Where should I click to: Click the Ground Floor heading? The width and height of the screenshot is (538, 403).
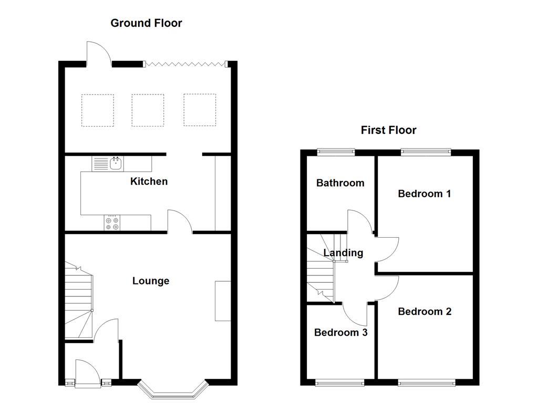[x=146, y=23]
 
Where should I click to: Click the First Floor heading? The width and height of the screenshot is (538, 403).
[x=388, y=130]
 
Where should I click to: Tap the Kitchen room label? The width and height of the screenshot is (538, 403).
[x=149, y=182]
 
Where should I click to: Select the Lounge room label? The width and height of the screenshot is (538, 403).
[x=151, y=281]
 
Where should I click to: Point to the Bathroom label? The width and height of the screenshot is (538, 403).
[x=340, y=183]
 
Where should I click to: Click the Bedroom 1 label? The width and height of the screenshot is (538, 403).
[x=424, y=194]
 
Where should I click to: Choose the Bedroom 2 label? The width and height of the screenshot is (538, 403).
[x=425, y=312]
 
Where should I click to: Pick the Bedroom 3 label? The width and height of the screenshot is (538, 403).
[x=340, y=333]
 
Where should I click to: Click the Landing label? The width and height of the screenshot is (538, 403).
[x=343, y=253]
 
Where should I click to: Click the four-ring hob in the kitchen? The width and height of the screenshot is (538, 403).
[x=112, y=223]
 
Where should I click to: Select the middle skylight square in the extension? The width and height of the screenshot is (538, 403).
[x=148, y=110]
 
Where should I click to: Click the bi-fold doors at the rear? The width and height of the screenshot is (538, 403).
[x=185, y=64]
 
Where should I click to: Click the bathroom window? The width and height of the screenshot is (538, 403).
[x=336, y=152]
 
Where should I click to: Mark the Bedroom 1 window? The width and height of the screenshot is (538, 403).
[x=426, y=152]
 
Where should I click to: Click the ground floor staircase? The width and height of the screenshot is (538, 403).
[x=78, y=302]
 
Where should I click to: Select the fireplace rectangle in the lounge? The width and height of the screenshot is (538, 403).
[x=223, y=301]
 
